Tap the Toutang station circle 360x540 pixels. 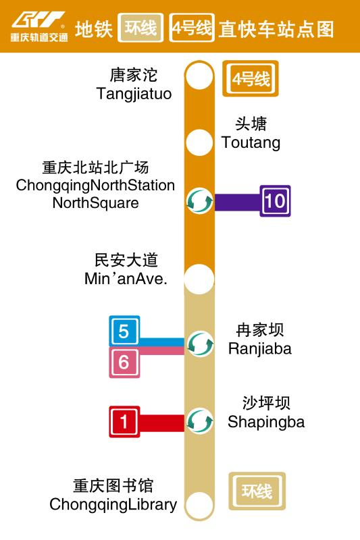pos(199,142)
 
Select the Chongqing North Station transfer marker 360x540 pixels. pos(199,200)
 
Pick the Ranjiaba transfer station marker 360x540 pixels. pos(199,344)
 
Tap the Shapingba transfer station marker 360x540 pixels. pos(199,422)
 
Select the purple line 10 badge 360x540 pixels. pos(276,200)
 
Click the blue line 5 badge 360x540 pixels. pos(124,331)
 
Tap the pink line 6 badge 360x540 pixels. pos(124,362)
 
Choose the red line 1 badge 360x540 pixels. pos(124,422)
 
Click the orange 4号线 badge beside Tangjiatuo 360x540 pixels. pos(251,80)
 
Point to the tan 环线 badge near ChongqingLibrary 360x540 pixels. pos(257,491)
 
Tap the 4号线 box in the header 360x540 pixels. pos(192,29)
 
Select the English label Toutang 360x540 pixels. pos(251,143)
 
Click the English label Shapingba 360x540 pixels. pos(266,423)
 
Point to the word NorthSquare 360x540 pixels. pos(95,202)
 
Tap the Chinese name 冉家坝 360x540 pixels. pos(260,330)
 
